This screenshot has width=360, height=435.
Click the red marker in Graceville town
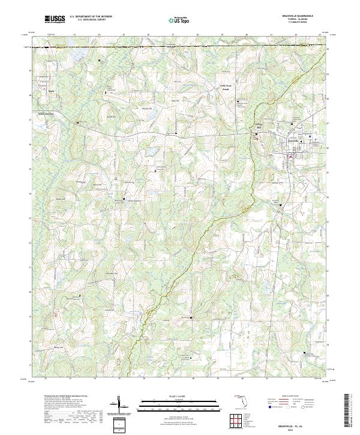click(291, 158)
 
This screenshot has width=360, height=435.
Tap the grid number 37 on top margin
click(165, 35)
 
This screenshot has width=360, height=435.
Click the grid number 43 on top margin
click(320, 35)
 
